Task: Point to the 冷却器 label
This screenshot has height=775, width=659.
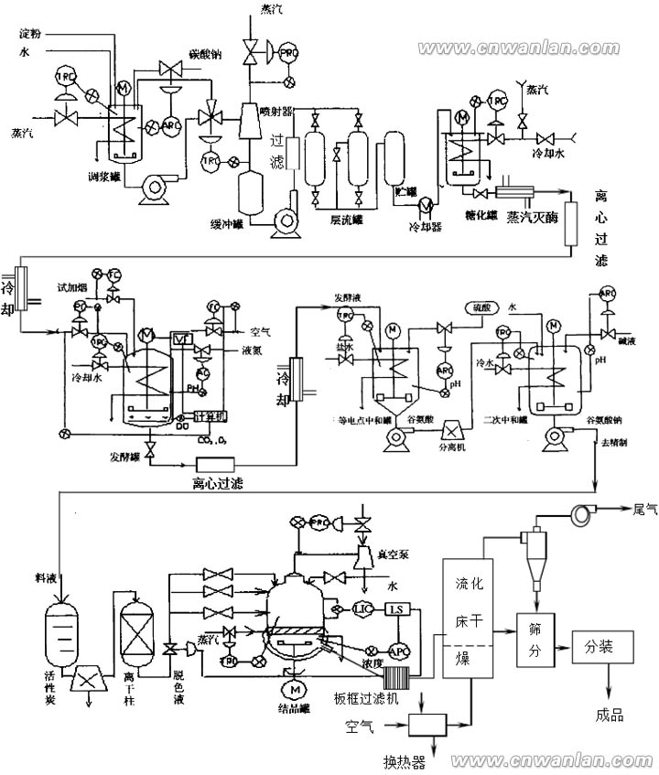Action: point(425,226)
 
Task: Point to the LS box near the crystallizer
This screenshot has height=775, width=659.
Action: point(397,609)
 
